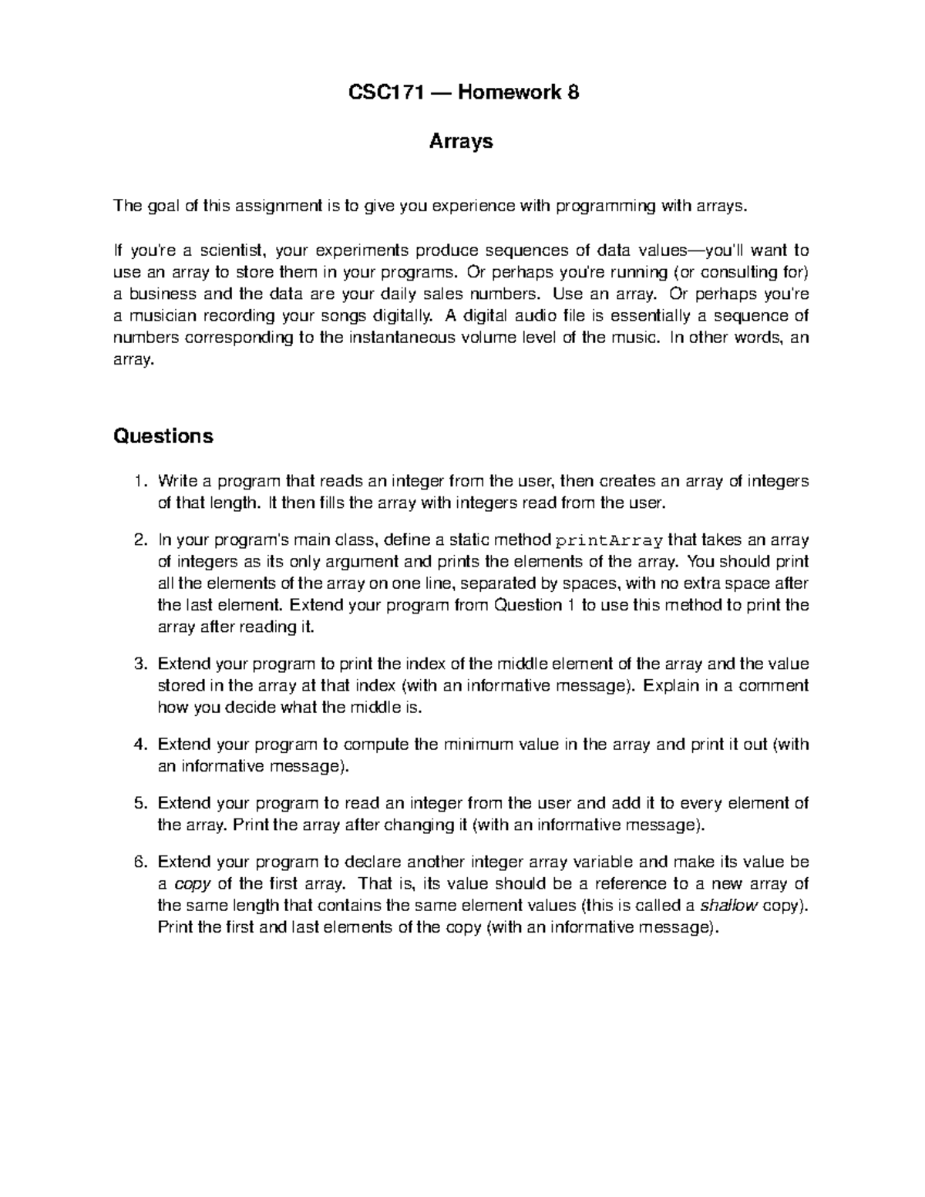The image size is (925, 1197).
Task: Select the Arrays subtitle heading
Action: pyautogui.click(x=461, y=142)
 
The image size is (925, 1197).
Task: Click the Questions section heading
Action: pyautogui.click(x=163, y=436)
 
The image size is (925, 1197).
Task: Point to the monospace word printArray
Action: pyautogui.click(x=610, y=540)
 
